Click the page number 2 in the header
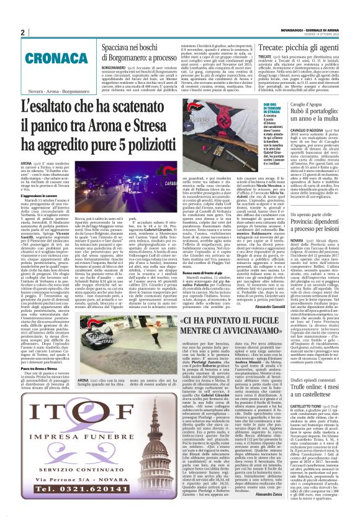pyautogui.click(x=22, y=32)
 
